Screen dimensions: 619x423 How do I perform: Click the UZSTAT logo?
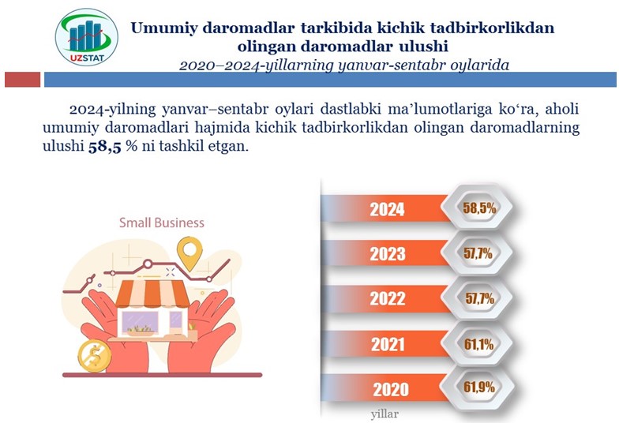(87, 36)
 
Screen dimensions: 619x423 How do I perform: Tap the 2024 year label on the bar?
(387, 210)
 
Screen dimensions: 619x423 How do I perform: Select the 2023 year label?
(388, 254)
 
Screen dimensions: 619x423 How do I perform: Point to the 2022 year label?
(388, 298)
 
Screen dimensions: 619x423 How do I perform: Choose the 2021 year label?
(388, 344)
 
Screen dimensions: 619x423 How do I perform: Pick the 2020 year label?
(392, 390)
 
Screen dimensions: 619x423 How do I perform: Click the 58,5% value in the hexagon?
(479, 208)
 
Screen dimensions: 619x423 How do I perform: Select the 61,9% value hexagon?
(478, 387)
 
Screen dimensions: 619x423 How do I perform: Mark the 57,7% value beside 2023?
(478, 253)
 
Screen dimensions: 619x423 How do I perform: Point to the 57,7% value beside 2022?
(480, 298)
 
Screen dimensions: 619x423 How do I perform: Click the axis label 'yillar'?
(385, 414)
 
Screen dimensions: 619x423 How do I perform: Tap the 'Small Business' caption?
(162, 223)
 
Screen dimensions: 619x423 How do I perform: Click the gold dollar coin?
(95, 357)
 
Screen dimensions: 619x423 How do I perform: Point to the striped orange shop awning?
(152, 294)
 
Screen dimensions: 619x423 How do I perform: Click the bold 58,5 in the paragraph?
(104, 147)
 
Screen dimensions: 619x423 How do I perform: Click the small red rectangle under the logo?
(22, 79)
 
